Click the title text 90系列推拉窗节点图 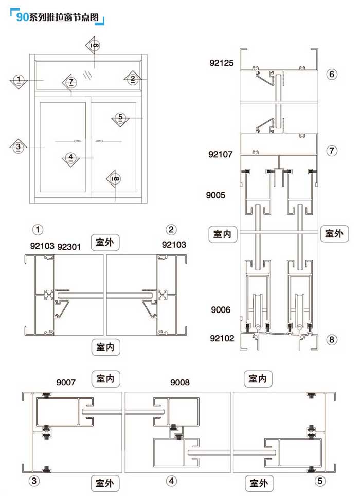[x=57, y=17]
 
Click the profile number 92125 [x=221, y=63]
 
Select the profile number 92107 [x=220, y=154]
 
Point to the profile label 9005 [x=215, y=195]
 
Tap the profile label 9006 [x=221, y=309]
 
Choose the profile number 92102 [x=222, y=338]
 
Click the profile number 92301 [x=69, y=246]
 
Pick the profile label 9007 [x=66, y=382]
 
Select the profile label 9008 [x=180, y=382]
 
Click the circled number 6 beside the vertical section [x=332, y=74]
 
